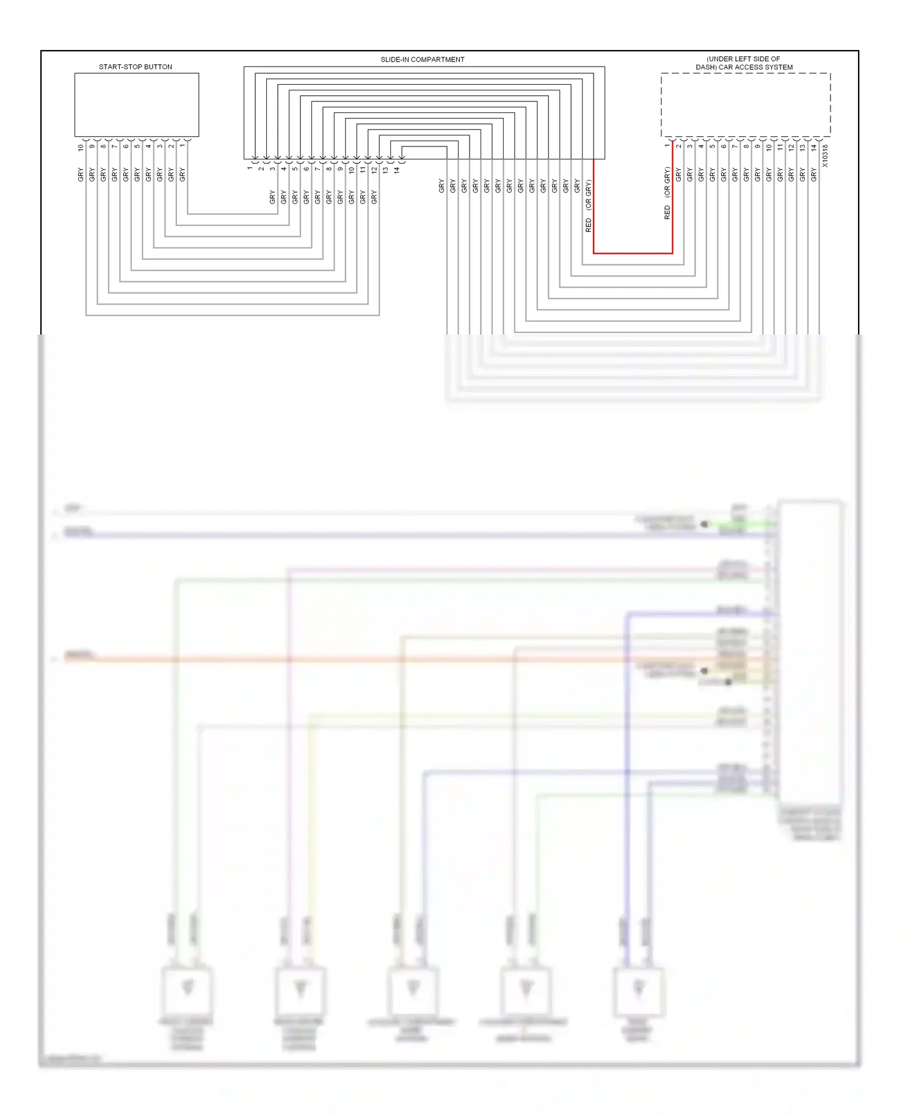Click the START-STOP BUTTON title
[136, 67]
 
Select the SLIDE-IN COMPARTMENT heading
[422, 60]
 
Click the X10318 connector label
[825, 156]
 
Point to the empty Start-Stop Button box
[136, 104]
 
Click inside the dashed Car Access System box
[745, 105]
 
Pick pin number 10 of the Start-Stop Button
[81, 147]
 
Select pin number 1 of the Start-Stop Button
[182, 146]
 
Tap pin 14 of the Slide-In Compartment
[396, 170]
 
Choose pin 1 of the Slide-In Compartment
[250, 167]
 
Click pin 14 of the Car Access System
[813, 147]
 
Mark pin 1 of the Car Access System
[667, 146]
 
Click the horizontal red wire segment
[633, 253]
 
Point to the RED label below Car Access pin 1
[667, 212]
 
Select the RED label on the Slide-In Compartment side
[589, 225]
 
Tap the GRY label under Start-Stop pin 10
[81, 175]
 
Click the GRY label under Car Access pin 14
[813, 175]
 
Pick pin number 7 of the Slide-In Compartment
[318, 168]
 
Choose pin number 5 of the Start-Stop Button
[137, 146]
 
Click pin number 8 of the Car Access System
[746, 146]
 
